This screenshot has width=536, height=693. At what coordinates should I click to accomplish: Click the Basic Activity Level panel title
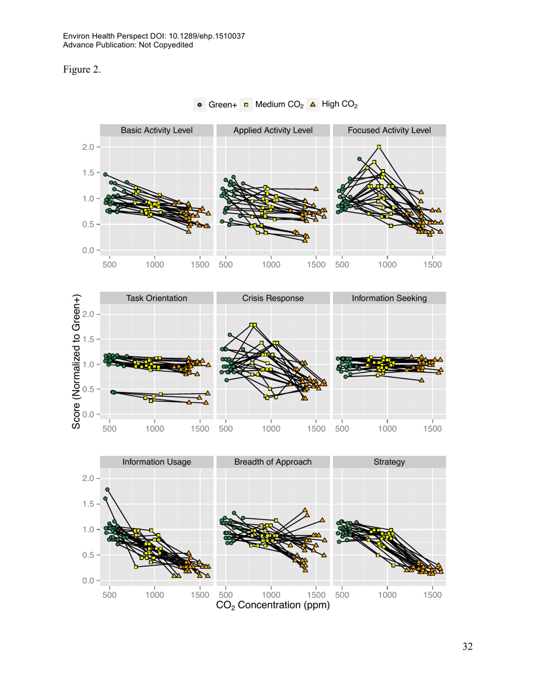click(157, 130)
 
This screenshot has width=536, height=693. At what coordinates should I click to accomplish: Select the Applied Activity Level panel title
click(273, 130)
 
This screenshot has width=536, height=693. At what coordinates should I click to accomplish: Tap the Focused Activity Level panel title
click(389, 130)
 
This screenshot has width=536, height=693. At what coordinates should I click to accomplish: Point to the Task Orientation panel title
click(157, 298)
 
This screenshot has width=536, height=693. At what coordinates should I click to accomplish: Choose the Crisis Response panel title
click(273, 298)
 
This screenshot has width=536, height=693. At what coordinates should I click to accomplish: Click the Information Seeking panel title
click(389, 298)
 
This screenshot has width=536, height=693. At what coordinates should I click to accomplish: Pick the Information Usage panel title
click(157, 462)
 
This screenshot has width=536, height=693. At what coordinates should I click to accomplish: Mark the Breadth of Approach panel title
click(273, 462)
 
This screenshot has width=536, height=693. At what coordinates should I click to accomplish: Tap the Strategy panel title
click(389, 462)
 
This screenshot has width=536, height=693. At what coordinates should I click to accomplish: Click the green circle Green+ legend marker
click(200, 105)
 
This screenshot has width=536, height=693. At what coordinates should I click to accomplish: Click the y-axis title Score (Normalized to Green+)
click(77, 361)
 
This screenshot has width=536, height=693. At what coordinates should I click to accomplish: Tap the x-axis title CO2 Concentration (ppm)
click(273, 606)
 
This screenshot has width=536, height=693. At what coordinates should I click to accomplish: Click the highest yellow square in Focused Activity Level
click(379, 147)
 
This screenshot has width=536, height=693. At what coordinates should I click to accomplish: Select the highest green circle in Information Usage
click(107, 490)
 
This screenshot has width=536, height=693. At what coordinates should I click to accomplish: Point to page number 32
click(467, 646)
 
